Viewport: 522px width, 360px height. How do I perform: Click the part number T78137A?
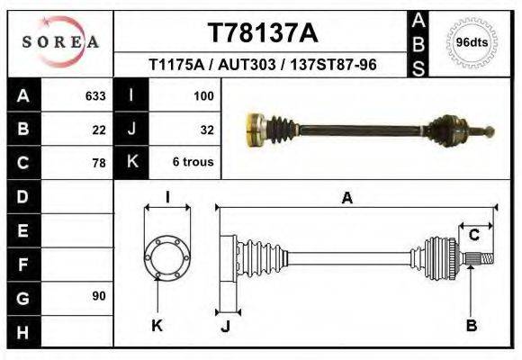pos(262,33)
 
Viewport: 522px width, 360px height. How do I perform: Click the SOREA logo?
pos(60,42)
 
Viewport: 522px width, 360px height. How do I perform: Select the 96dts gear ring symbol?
pos(472,42)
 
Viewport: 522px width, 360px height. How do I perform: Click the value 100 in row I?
pos(202,94)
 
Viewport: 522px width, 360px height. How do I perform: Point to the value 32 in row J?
pos(206,129)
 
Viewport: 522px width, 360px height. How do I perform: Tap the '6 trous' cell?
pos(193,163)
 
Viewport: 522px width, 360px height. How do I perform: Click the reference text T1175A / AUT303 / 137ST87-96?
pos(262,65)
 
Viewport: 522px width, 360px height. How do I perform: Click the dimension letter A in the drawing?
pos(346,199)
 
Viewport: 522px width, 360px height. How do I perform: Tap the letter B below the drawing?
pos(471,326)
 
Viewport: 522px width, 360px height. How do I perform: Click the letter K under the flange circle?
pos(157,326)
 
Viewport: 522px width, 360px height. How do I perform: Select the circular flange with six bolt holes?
pos(167,256)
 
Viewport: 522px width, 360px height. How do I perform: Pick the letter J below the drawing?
pos(225,326)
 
